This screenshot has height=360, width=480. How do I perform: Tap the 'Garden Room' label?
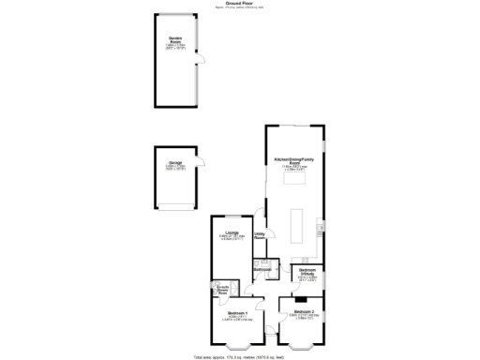click(175, 38)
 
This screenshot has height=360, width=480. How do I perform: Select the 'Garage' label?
click(175, 163)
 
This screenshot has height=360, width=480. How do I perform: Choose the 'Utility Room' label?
click(260, 235)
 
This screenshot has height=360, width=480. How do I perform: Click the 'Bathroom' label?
click(262, 270)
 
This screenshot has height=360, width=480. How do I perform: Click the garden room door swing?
click(197, 63)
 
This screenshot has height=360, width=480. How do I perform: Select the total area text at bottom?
click(240, 357)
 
